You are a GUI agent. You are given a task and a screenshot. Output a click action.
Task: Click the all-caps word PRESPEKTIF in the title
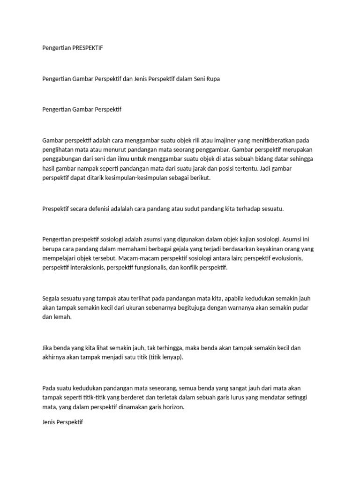pyautogui.click(x=88, y=48)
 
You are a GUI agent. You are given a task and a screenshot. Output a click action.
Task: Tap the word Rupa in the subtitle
pyautogui.click(x=212, y=79)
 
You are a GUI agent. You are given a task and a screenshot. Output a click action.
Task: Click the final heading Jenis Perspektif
pyautogui.click(x=62, y=422)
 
